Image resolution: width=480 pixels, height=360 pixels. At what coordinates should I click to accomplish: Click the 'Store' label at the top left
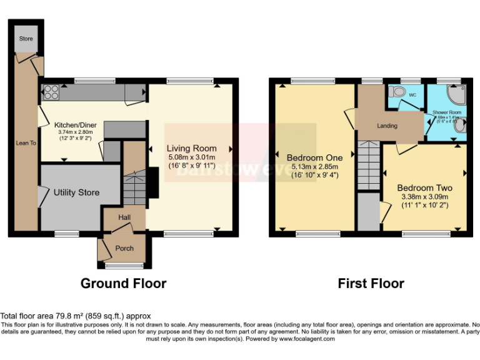pyautogui.click(x=26, y=39)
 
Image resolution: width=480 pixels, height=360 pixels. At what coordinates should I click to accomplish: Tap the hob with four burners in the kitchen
pyautogui.click(x=50, y=93)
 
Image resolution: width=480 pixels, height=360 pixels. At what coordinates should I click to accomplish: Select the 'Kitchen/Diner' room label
pyautogui.click(x=74, y=124)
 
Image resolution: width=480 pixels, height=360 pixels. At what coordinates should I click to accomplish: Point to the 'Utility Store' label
pyautogui.click(x=76, y=192)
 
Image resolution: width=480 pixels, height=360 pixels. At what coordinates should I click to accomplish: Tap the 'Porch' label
pyautogui.click(x=124, y=248)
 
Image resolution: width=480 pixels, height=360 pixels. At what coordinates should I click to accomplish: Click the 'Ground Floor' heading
pyautogui.click(x=123, y=283)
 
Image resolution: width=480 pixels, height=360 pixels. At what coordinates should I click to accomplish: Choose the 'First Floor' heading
pyautogui.click(x=371, y=283)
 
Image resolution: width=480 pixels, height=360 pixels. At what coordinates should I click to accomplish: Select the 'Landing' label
pyautogui.click(x=387, y=126)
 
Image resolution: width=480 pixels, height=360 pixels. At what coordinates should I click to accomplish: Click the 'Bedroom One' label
pyautogui.click(x=312, y=156)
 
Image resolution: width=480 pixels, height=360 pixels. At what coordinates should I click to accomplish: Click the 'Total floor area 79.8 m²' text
pyautogui.click(x=76, y=316)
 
